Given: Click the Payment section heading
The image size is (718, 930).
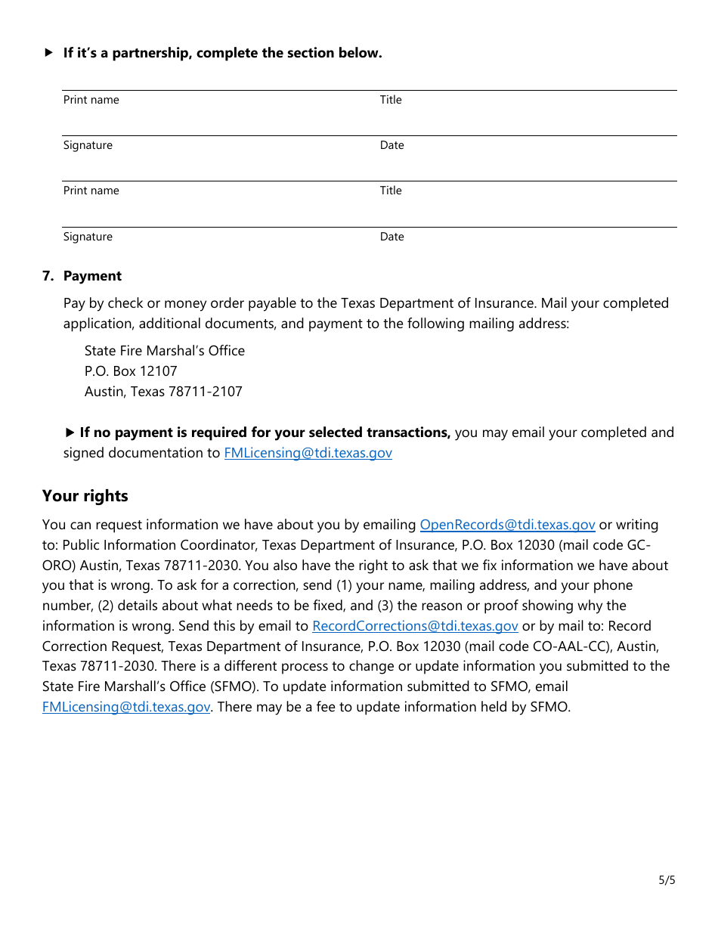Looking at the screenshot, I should click(92, 276).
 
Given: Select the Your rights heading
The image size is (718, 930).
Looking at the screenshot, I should click(85, 496).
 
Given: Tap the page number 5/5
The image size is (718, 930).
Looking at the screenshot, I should click(667, 880).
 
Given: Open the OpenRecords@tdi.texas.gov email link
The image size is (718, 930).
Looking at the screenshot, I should click(507, 525).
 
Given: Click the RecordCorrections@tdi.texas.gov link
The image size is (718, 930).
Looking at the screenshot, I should click(415, 626).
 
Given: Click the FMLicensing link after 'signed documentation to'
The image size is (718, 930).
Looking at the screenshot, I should click(308, 453).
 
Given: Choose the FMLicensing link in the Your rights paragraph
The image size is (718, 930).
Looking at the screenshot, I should click(126, 707).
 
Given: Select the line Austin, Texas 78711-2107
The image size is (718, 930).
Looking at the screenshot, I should click(163, 392).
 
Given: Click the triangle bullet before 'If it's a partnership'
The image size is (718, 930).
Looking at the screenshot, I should click(48, 53).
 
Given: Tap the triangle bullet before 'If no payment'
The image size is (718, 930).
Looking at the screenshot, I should click(70, 432).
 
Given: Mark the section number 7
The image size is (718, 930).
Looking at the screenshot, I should click(48, 276).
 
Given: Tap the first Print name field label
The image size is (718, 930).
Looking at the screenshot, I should click(91, 100).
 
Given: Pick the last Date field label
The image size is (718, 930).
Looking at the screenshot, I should click(391, 237).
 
